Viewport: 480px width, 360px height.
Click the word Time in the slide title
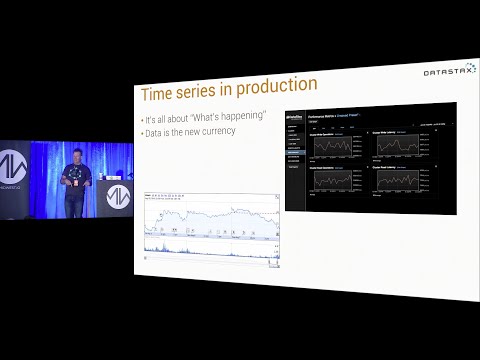tap(159, 93)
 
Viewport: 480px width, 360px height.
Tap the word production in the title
tap(268, 86)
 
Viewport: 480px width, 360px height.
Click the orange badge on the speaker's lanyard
tap(75, 183)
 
